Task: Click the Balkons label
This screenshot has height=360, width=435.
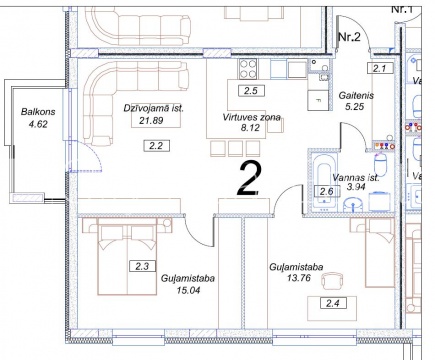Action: pyautogui.click(x=38, y=112)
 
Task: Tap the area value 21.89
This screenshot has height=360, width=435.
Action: pyautogui.click(x=151, y=120)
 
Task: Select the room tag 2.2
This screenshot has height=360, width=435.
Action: pyautogui.click(x=156, y=146)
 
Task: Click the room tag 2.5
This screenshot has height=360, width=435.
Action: pyautogui.click(x=251, y=91)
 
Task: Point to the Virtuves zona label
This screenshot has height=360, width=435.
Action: pyautogui.click(x=251, y=117)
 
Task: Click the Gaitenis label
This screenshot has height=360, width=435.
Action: pyautogui.click(x=356, y=96)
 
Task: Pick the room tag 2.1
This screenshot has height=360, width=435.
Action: pyautogui.click(x=380, y=69)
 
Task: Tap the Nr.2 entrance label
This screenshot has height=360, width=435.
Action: pyautogui.click(x=349, y=37)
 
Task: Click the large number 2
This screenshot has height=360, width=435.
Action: pyautogui.click(x=249, y=177)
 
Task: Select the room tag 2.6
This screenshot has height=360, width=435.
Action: pyautogui.click(x=327, y=191)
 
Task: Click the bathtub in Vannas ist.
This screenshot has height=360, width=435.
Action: pyautogui.click(x=324, y=181)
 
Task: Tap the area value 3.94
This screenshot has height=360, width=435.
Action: pyautogui.click(x=356, y=187)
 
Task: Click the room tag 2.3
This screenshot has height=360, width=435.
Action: pyautogui.click(x=143, y=266)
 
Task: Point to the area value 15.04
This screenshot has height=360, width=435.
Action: pyautogui.click(x=189, y=290)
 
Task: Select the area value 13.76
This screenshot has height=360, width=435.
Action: pyautogui.click(x=299, y=278)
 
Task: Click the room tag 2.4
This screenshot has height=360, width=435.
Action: pyautogui.click(x=333, y=303)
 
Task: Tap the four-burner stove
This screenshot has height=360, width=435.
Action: pyautogui.click(x=248, y=69)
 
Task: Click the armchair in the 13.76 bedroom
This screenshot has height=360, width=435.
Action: pyautogui.click(x=332, y=280)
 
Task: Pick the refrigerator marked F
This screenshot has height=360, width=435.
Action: pyautogui.click(x=318, y=100)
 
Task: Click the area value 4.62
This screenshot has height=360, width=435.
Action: pyautogui.click(x=38, y=124)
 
